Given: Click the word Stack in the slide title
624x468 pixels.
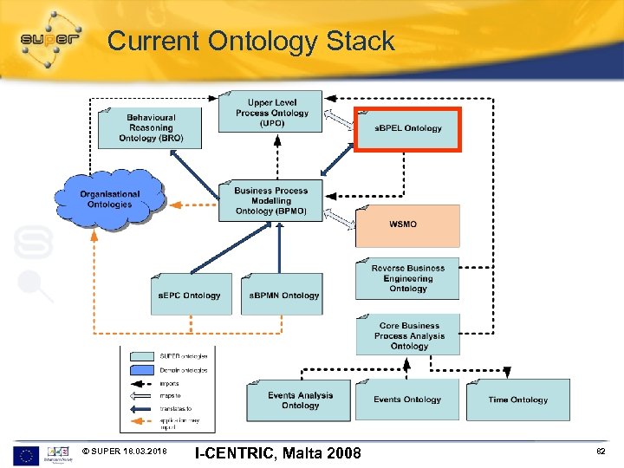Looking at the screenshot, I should (360, 41).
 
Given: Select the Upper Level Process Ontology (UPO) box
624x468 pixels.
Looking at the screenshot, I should (270, 112).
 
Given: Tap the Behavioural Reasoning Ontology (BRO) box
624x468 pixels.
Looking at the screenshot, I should (150, 127).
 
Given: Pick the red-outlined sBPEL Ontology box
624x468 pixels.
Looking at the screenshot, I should (408, 129).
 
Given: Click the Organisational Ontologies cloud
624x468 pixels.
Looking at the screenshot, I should (110, 199).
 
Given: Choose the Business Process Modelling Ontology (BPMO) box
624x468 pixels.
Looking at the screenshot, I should (270, 201).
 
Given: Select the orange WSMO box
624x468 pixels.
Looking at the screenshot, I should (407, 225).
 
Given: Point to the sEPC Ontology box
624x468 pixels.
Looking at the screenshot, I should (190, 295).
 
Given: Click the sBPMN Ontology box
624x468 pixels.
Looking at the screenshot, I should (283, 295).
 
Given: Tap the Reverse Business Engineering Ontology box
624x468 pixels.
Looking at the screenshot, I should (407, 279).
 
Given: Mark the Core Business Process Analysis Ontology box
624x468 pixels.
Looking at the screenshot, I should (408, 335).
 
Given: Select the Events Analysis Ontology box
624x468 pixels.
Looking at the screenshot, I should (300, 400).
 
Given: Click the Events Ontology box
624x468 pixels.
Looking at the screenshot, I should (407, 400).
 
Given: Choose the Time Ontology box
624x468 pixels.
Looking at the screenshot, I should (517, 400).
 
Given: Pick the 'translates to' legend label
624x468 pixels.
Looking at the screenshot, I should (176, 408).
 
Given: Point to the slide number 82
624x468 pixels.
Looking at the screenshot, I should (601, 452).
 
